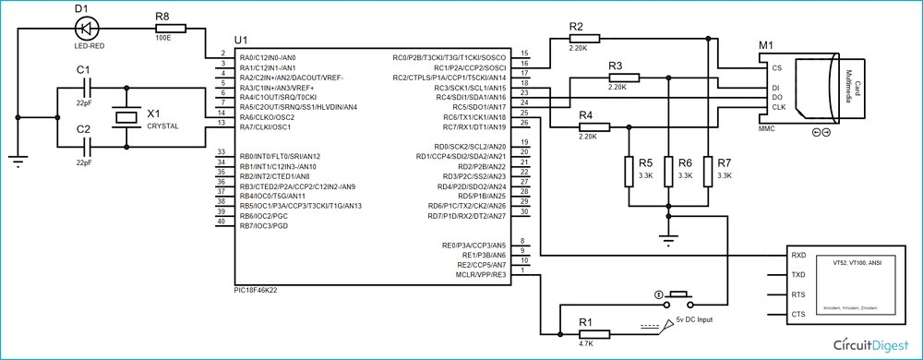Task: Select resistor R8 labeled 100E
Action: tap(170, 30)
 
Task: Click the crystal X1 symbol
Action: tap(126, 116)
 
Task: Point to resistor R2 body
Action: tap(585, 38)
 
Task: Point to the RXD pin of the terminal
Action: tap(798, 256)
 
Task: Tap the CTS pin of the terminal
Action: tap(798, 315)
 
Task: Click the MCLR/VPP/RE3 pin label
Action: tap(481, 274)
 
